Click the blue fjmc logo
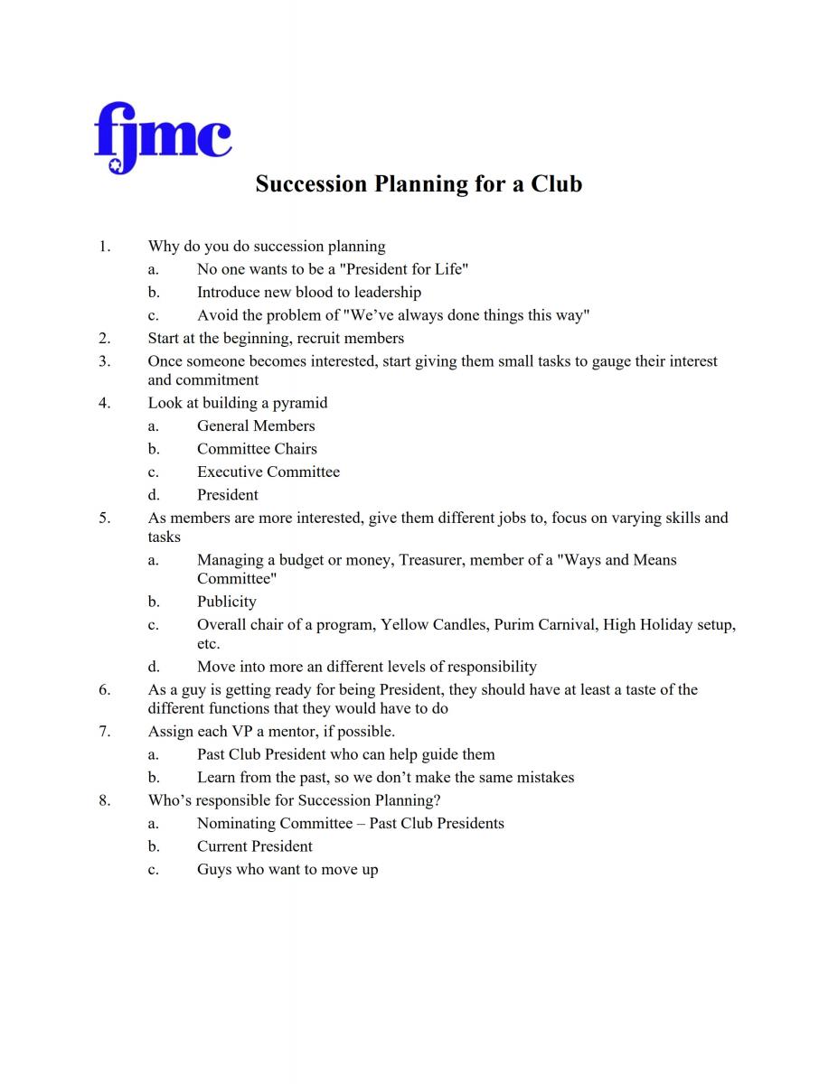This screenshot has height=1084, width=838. pos(163,136)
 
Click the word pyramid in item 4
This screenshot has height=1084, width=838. pos(300,403)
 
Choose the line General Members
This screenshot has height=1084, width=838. pos(256,426)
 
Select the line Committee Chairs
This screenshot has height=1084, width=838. pos(257,449)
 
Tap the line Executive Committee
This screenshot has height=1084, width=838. pos(268,472)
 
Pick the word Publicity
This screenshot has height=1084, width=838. pos(227,602)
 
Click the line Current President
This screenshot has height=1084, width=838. pos(255,846)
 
